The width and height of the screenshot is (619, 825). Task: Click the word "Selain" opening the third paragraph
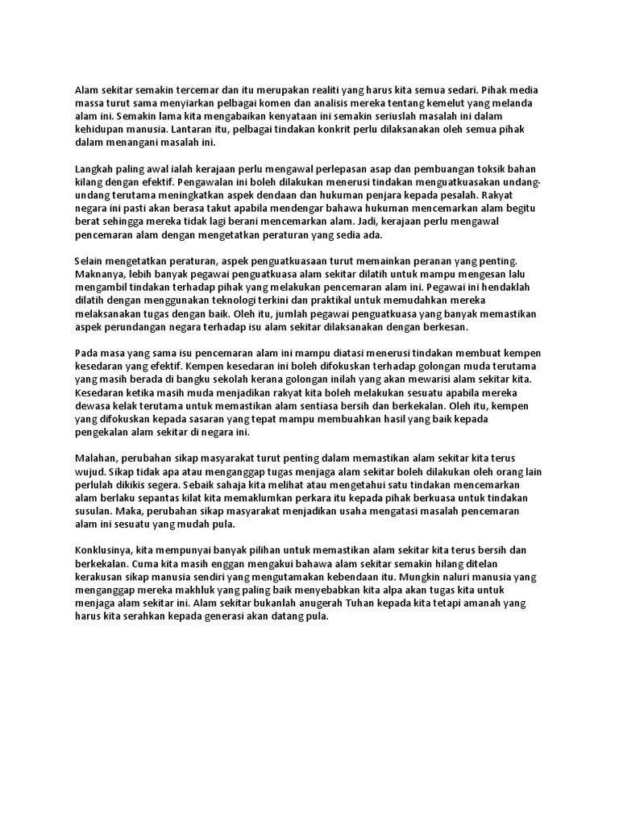(x=90, y=261)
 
